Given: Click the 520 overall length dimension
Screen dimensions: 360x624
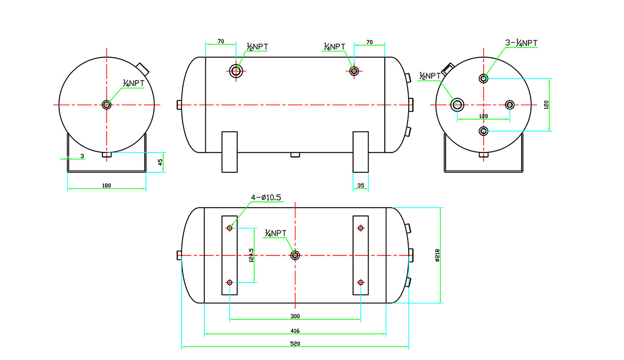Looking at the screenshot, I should point(295,344).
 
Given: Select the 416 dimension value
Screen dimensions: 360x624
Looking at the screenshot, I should point(295,330).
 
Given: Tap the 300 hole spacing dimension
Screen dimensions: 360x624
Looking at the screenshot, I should point(295,316).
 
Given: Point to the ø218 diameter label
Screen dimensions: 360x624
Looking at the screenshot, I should point(437,255).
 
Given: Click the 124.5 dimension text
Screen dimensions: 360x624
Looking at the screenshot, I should point(251,255).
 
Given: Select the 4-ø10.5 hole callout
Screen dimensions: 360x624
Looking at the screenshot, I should point(266,198).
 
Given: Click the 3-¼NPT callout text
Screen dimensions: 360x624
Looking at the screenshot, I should point(521,43).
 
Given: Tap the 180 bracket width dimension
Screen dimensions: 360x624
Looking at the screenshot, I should point(107,185).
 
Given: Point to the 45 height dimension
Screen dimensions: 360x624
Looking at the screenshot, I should point(160,162).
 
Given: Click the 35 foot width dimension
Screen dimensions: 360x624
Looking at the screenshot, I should point(361,185).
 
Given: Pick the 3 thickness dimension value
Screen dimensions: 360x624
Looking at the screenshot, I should point(82,156).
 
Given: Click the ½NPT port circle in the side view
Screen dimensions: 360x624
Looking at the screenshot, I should point(237,71).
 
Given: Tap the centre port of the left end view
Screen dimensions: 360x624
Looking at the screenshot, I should point(107,105).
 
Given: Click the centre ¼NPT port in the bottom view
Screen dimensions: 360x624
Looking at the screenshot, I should point(295,255).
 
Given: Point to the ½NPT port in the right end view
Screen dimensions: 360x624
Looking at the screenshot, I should point(458,105).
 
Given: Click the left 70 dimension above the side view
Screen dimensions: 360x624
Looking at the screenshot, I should point(220,41).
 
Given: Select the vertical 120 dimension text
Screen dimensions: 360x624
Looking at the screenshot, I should point(545,105).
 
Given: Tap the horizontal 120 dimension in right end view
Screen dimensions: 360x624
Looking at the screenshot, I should point(483,116).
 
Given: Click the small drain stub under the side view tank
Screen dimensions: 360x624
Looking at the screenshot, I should point(295,155).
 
